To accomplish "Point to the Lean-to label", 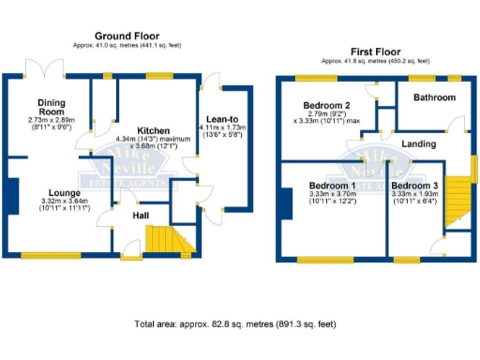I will click(x=223, y=118).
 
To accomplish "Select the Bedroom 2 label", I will click(x=325, y=104).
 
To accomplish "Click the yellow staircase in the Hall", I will click(x=169, y=240).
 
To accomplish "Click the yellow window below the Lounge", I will click(x=52, y=255).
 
